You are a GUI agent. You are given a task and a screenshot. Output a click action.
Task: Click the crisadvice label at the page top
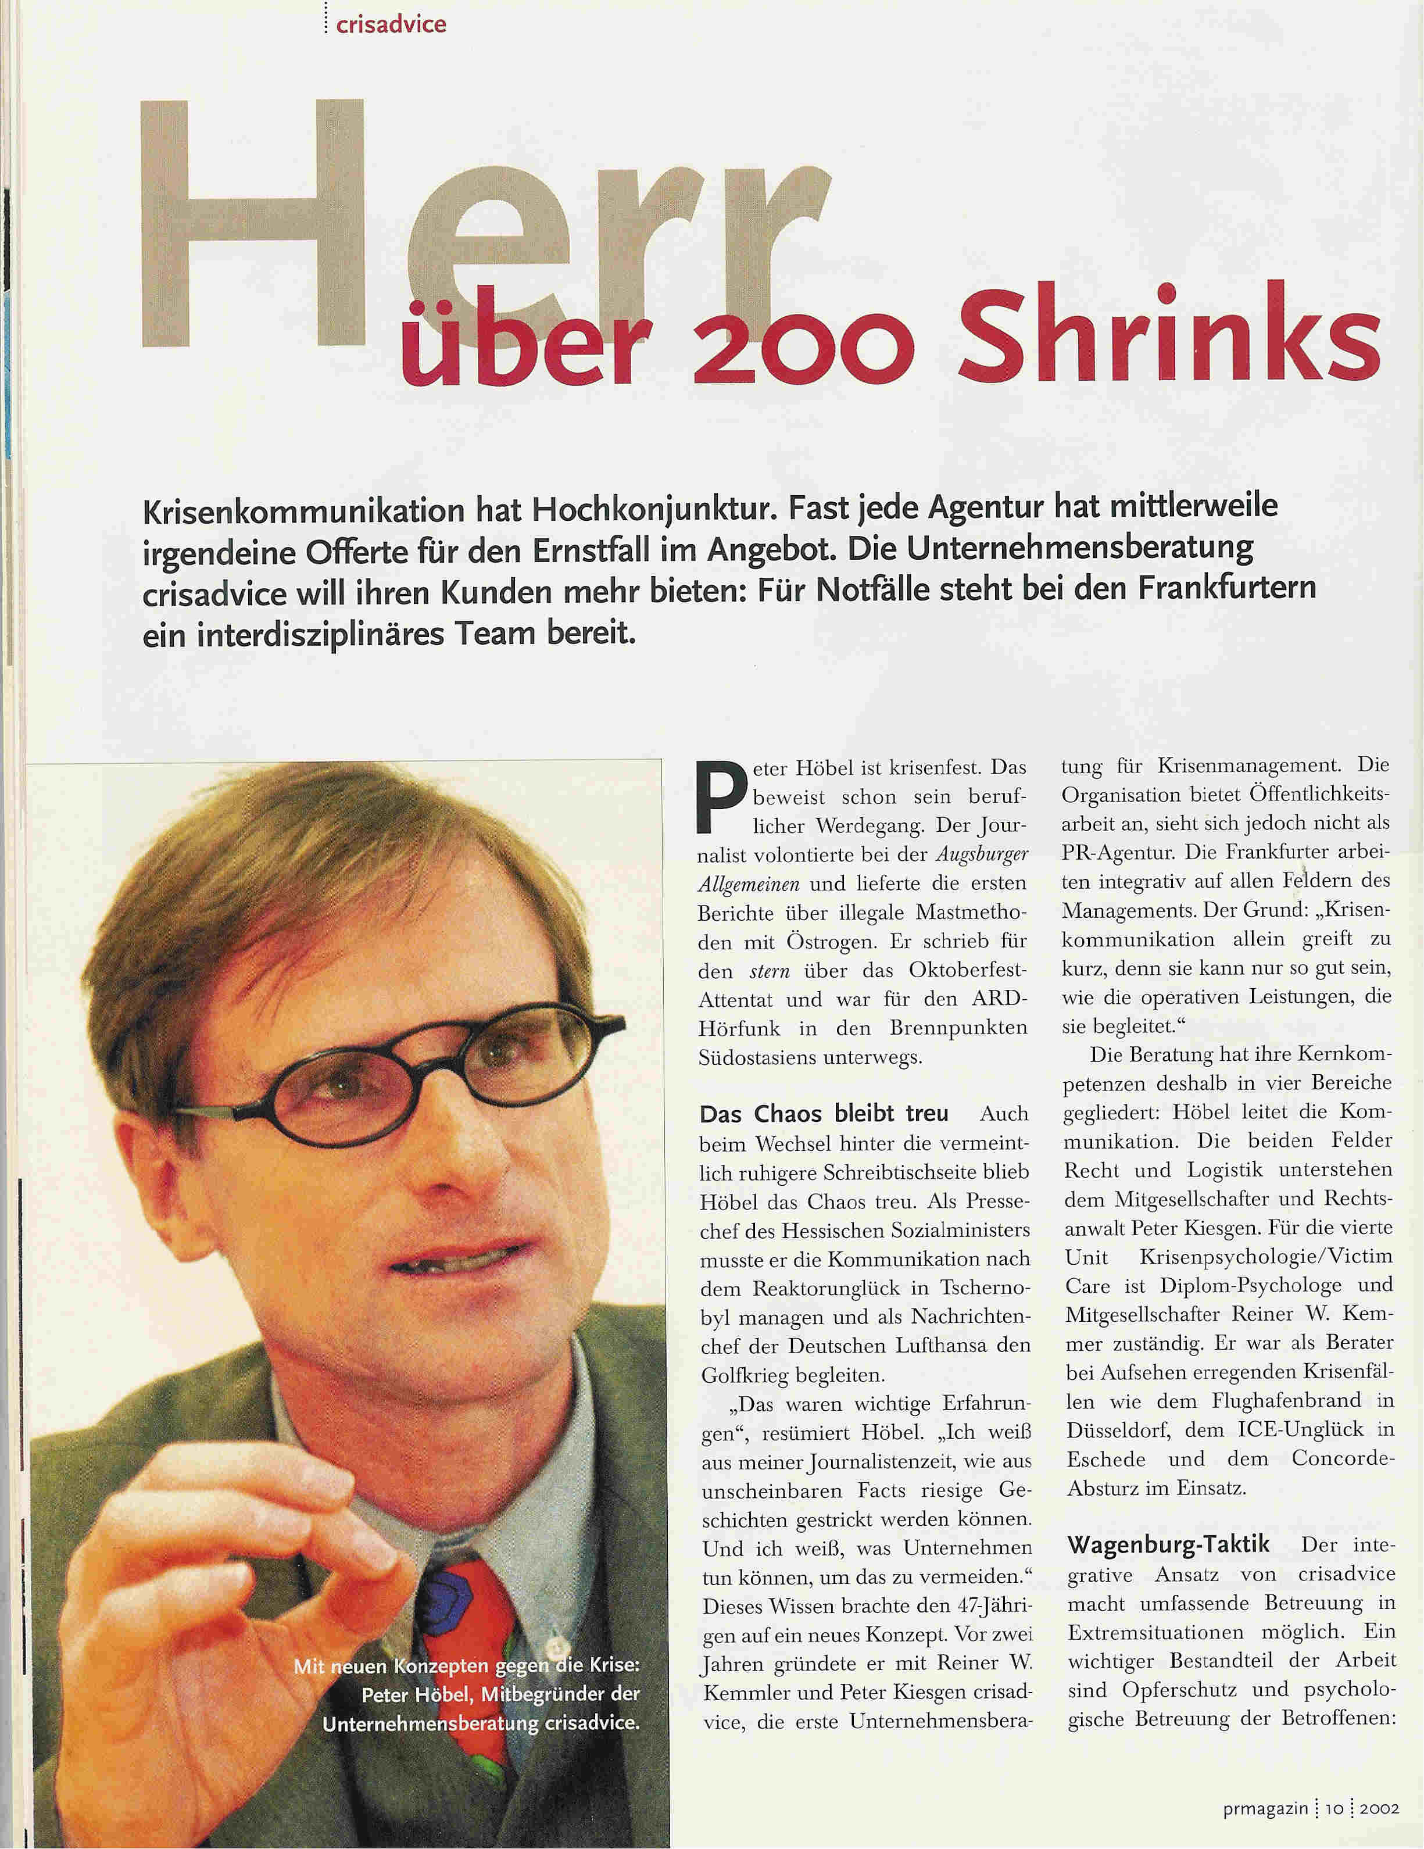390,24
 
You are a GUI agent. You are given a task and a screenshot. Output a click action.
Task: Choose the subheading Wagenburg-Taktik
1168,1544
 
